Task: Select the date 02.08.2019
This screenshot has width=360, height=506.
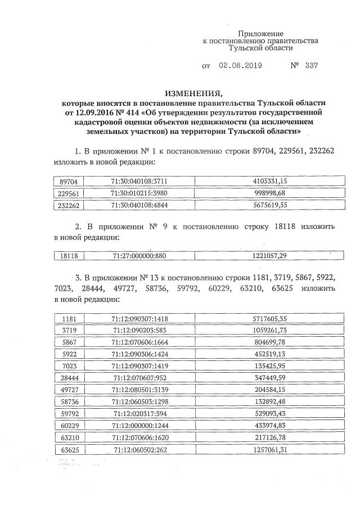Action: pyautogui.click(x=241, y=65)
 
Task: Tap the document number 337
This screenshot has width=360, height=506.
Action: pyautogui.click(x=311, y=65)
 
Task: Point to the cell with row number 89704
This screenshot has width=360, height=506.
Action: pyautogui.click(x=71, y=182)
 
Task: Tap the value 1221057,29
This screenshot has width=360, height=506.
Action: pyautogui.click(x=270, y=256)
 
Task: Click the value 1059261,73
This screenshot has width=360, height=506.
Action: pyautogui.click(x=270, y=331)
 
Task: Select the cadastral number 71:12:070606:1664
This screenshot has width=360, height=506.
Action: pyautogui.click(x=140, y=342)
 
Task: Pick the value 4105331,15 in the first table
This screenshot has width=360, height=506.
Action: pyautogui.click(x=270, y=182)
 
